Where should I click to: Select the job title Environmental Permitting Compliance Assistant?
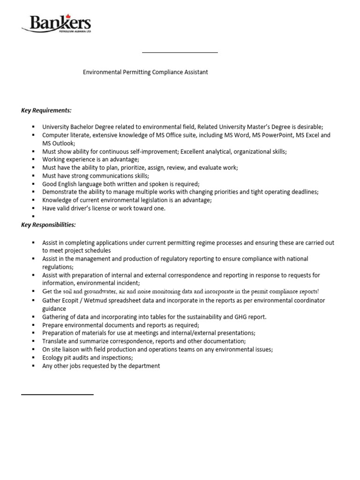[x=145, y=72]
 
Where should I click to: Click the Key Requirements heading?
[x=46, y=110]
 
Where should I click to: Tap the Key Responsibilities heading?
[x=48, y=225]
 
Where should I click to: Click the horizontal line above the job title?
[x=180, y=52]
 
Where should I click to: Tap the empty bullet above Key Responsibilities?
[x=34, y=217]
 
